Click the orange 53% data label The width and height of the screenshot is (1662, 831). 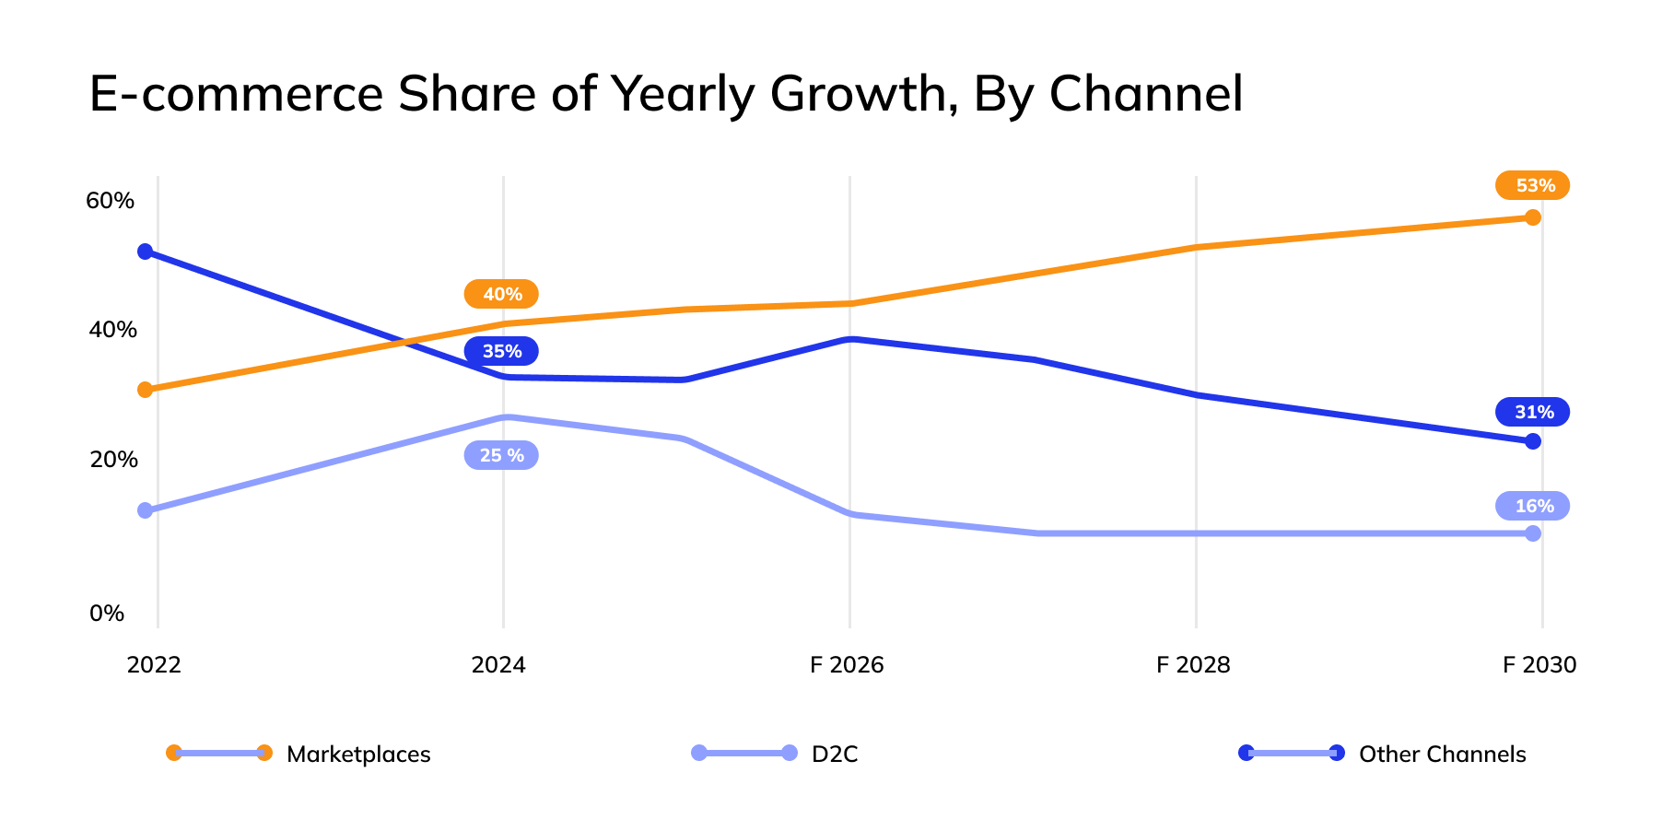pyautogui.click(x=1532, y=185)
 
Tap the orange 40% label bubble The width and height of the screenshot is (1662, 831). pyautogui.click(x=501, y=294)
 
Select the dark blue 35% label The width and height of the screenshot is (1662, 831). pyautogui.click(x=501, y=351)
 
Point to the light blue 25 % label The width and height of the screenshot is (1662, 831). pyautogui.click(x=501, y=455)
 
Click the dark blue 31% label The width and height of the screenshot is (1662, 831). pyautogui.click(x=1532, y=412)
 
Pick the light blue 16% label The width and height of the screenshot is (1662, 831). pyautogui.click(x=1532, y=506)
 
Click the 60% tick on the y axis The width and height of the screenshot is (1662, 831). pyautogui.click(x=110, y=200)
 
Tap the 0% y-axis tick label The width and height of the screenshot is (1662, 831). pyautogui.click(x=107, y=613)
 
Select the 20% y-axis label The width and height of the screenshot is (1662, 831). pyautogui.click(x=112, y=459)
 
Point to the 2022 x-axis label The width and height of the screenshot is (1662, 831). pyautogui.click(x=154, y=664)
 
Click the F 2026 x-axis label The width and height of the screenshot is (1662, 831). pyautogui.click(x=847, y=664)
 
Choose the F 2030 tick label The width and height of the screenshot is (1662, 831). pyautogui.click(x=1539, y=664)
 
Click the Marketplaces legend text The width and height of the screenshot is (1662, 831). pyautogui.click(x=358, y=754)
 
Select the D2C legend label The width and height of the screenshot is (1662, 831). pyautogui.click(x=835, y=754)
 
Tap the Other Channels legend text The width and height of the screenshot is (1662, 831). pyautogui.click(x=1442, y=754)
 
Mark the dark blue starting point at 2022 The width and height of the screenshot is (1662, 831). pyautogui.click(x=145, y=252)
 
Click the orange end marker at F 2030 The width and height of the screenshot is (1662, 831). pyautogui.click(x=1533, y=217)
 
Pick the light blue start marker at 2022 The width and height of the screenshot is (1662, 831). pyautogui.click(x=145, y=510)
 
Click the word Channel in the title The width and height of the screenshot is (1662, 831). pyautogui.click(x=1146, y=93)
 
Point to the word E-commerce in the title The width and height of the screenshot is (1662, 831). pyautogui.click(x=236, y=93)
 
